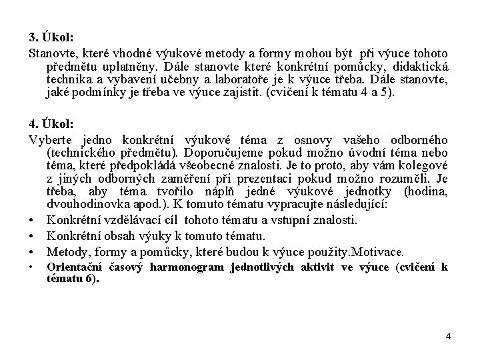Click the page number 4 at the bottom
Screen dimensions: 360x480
[449, 336]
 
